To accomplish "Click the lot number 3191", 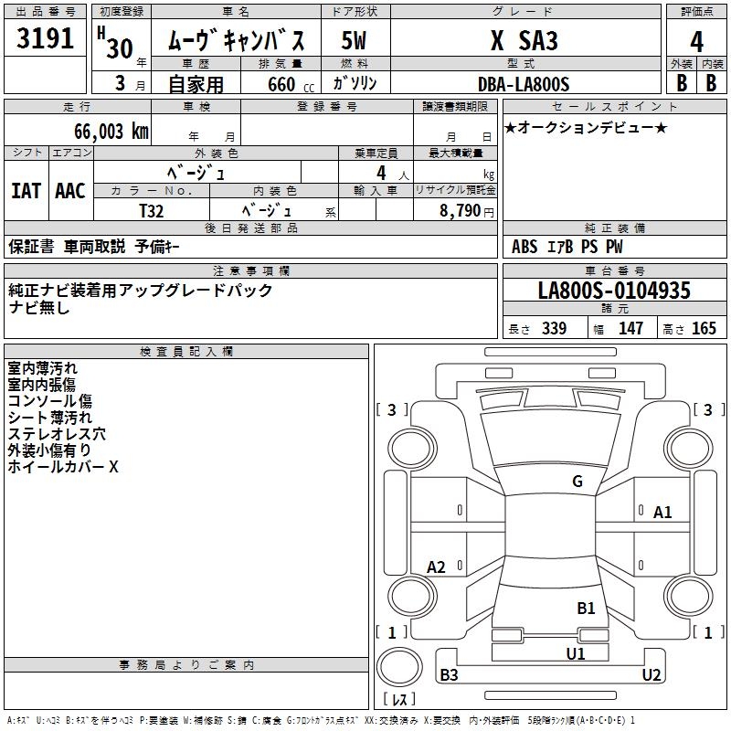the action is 46,39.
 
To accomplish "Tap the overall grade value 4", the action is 696,42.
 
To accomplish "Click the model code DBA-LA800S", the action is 523,84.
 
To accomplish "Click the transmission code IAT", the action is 26,191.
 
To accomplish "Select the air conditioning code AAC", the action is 70,191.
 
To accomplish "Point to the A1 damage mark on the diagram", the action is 662,513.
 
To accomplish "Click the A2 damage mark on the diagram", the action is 437,567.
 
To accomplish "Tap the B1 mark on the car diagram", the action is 586,608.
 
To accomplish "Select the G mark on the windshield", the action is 577,482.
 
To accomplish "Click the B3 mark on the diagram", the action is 449,675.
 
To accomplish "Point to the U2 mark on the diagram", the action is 652,675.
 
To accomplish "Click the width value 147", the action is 630,329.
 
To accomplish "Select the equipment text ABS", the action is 524,247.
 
